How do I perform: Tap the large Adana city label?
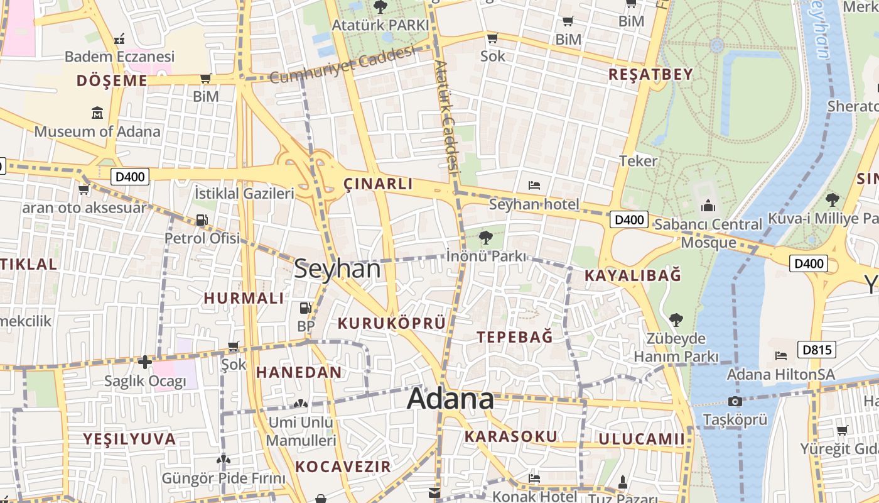coord(450,399)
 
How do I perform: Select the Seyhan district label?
coord(337,269)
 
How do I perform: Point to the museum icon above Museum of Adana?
coord(97,113)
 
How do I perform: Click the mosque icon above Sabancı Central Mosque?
coord(708,206)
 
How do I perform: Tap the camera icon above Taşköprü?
coord(735,401)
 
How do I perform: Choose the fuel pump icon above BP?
coord(305,308)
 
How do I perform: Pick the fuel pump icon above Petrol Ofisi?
coord(202,219)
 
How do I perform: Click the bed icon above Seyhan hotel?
coord(534,185)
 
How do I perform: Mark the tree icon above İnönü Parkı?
coord(485,237)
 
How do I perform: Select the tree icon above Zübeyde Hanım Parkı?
coord(676,319)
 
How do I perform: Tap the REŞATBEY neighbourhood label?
coord(650,74)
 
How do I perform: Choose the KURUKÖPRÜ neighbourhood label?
coord(392,323)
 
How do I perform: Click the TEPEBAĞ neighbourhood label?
coord(515,337)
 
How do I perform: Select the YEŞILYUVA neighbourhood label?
coord(130,439)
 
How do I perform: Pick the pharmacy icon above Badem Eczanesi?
coord(119,39)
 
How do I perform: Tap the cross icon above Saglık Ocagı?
coord(145,362)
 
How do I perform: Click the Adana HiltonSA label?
coord(780,375)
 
